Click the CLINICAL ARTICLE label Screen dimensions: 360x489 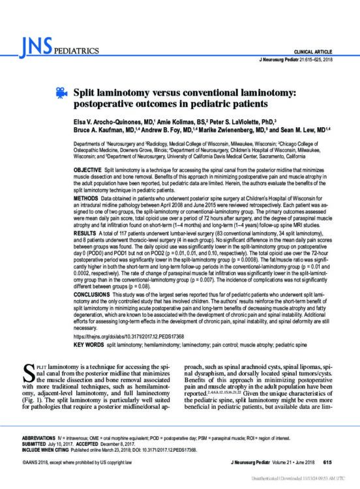point(321,50)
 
